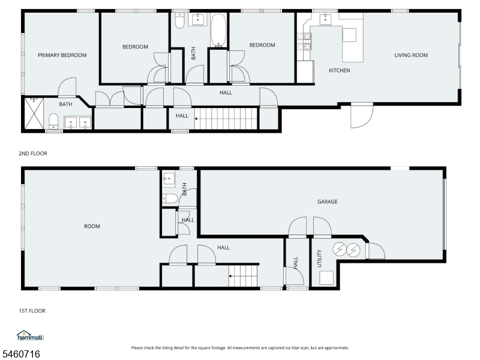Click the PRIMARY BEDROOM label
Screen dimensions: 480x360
pos(62,55)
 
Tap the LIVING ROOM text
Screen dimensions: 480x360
pos(411,55)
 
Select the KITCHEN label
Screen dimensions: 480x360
pos(339,70)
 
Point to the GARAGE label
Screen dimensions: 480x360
pos(327,202)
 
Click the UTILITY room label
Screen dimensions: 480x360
pos(319,259)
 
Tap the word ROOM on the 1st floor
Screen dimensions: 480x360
pos(92,226)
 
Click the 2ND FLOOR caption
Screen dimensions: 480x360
pos(33,154)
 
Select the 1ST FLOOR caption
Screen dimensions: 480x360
pos(32,311)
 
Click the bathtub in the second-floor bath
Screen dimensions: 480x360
pos(218,30)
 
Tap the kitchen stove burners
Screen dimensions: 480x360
pos(304,41)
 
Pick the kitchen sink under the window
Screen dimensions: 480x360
pos(325,19)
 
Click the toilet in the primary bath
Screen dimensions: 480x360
pos(53,121)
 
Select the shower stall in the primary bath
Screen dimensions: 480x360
pos(34,113)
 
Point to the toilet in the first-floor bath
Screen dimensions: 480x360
pos(170,199)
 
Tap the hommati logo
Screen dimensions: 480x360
pos(31,335)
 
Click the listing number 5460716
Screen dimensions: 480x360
pos(20,354)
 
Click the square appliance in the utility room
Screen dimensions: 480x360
pos(326,278)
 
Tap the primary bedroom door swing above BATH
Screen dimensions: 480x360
pos(67,87)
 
